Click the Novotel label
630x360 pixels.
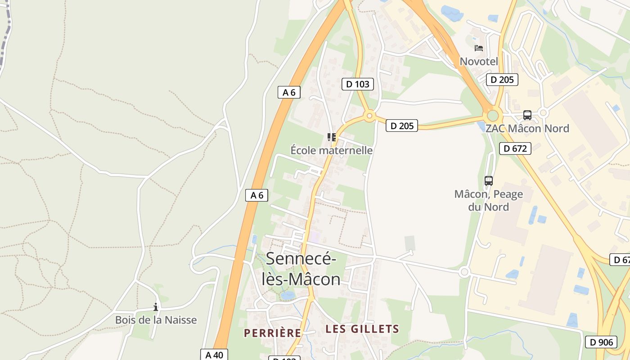pos(479,62)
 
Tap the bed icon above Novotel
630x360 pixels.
pos(479,48)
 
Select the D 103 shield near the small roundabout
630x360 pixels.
pos(358,84)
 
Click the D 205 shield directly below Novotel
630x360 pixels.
pos(502,80)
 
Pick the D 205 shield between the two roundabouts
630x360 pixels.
pos(402,126)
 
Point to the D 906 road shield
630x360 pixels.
pos(601,342)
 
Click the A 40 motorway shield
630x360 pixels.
pos(214,355)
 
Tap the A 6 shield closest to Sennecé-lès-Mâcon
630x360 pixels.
pos(257,195)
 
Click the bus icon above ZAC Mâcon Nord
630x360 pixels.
pos(527,115)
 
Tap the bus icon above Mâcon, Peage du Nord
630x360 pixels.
pos(489,181)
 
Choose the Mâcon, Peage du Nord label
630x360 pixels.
pos(489,201)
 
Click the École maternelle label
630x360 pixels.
pos(332,150)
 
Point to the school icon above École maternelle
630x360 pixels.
pos(332,137)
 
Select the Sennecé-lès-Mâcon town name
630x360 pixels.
pos(301,269)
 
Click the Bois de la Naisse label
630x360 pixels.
pos(156,320)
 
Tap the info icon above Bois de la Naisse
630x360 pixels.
pos(156,307)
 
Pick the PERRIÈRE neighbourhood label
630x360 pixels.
pos(272,333)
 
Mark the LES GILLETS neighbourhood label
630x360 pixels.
pos(362,329)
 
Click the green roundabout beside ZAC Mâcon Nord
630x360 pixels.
pos(493,115)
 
